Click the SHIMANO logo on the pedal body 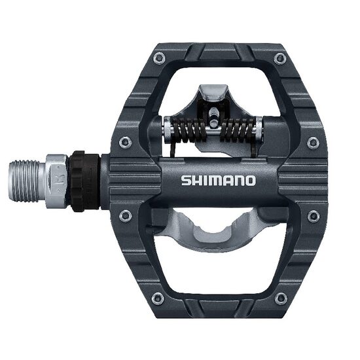pos(219,179)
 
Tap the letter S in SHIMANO pos(185,179)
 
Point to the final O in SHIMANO pos(250,179)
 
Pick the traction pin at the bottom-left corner pos(157,299)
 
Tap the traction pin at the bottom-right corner pos(281,299)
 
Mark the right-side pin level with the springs pos(314,142)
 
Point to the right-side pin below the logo pos(314,215)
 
